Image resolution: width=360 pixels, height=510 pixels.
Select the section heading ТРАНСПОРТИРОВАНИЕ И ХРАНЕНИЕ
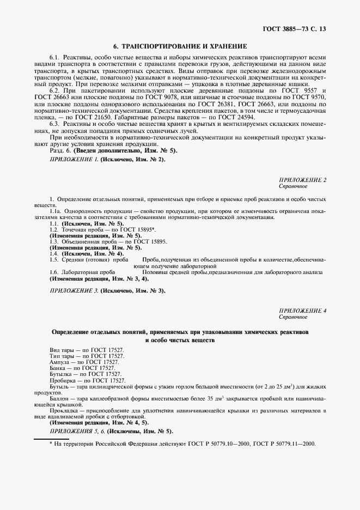point(184,46)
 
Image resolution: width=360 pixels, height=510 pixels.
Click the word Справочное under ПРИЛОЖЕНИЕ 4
point(294,317)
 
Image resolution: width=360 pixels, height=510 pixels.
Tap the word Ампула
point(59,362)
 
